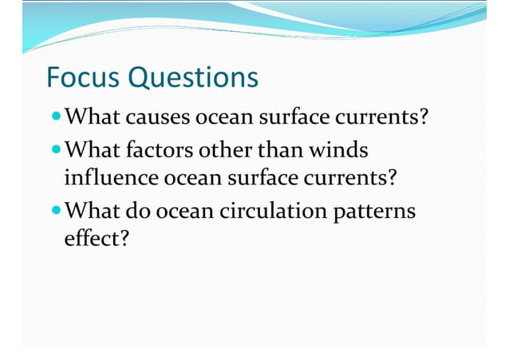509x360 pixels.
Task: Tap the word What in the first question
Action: [93, 119]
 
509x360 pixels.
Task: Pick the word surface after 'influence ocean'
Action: [266, 177]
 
